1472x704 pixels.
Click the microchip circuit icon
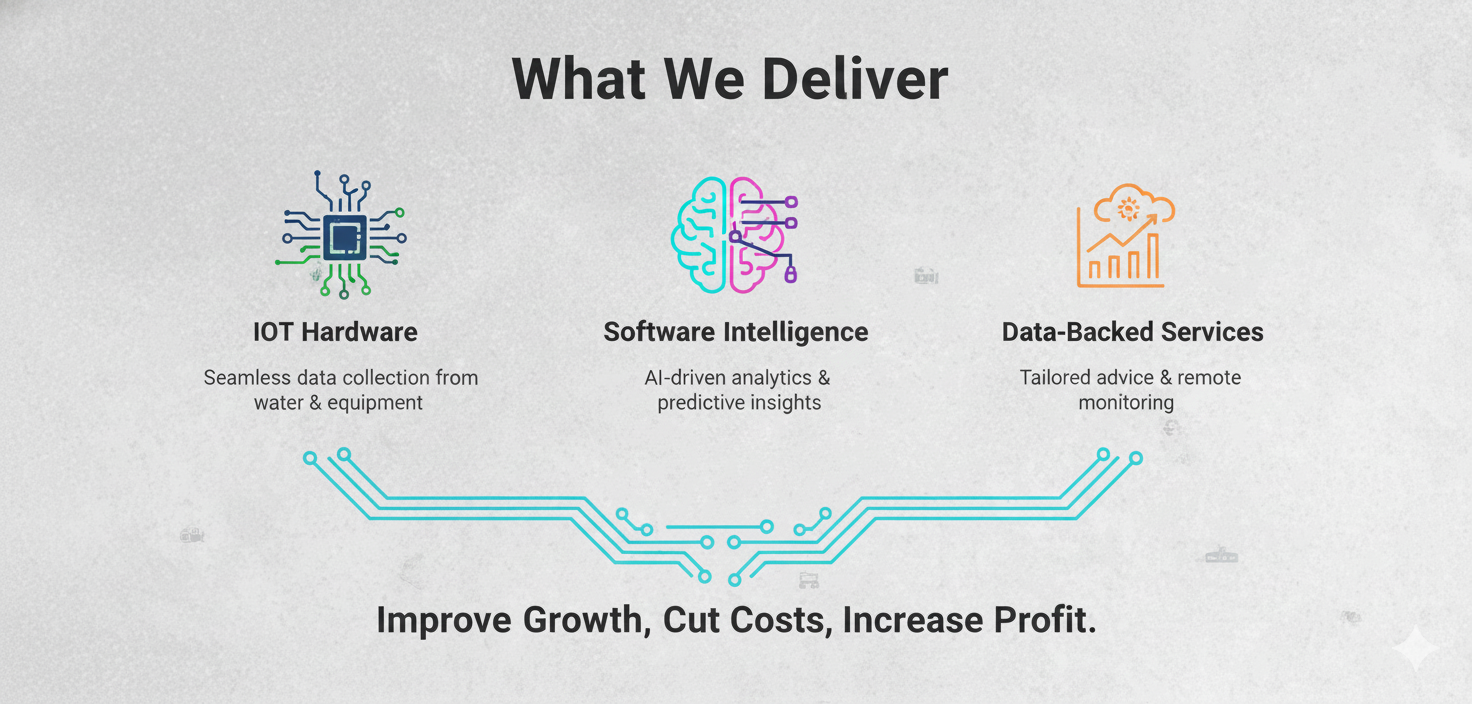[342, 235]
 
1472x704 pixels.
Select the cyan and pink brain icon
[735, 235]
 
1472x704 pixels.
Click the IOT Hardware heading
[335, 332]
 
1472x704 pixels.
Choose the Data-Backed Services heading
[1132, 332]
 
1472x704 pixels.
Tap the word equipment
[375, 403]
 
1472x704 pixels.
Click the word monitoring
[1126, 403]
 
